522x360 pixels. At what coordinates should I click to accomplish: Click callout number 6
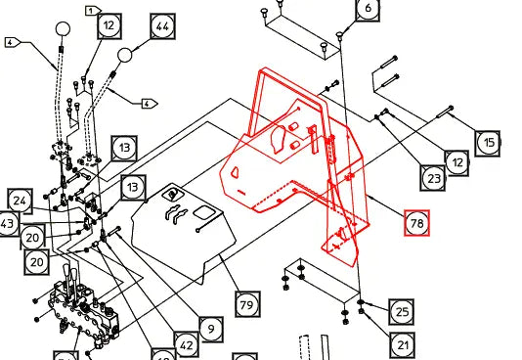[x=367, y=10]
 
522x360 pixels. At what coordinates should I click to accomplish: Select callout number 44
[x=163, y=24]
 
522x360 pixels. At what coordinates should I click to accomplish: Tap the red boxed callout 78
[x=418, y=224]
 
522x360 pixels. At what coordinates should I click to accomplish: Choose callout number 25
[x=402, y=311]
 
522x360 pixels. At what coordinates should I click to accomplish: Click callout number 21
[x=402, y=343]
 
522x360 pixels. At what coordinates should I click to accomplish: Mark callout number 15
[x=489, y=143]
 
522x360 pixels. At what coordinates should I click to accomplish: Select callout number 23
[x=434, y=178]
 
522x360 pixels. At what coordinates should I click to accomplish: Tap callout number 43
[x=8, y=224]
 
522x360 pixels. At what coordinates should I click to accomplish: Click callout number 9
[x=209, y=327]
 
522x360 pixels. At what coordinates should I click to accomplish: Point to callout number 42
[x=187, y=343]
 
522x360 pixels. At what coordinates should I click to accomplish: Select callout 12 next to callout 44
[x=109, y=24]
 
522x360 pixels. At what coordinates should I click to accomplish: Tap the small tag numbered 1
[x=93, y=9]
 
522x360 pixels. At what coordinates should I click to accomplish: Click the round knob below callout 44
[x=126, y=55]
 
